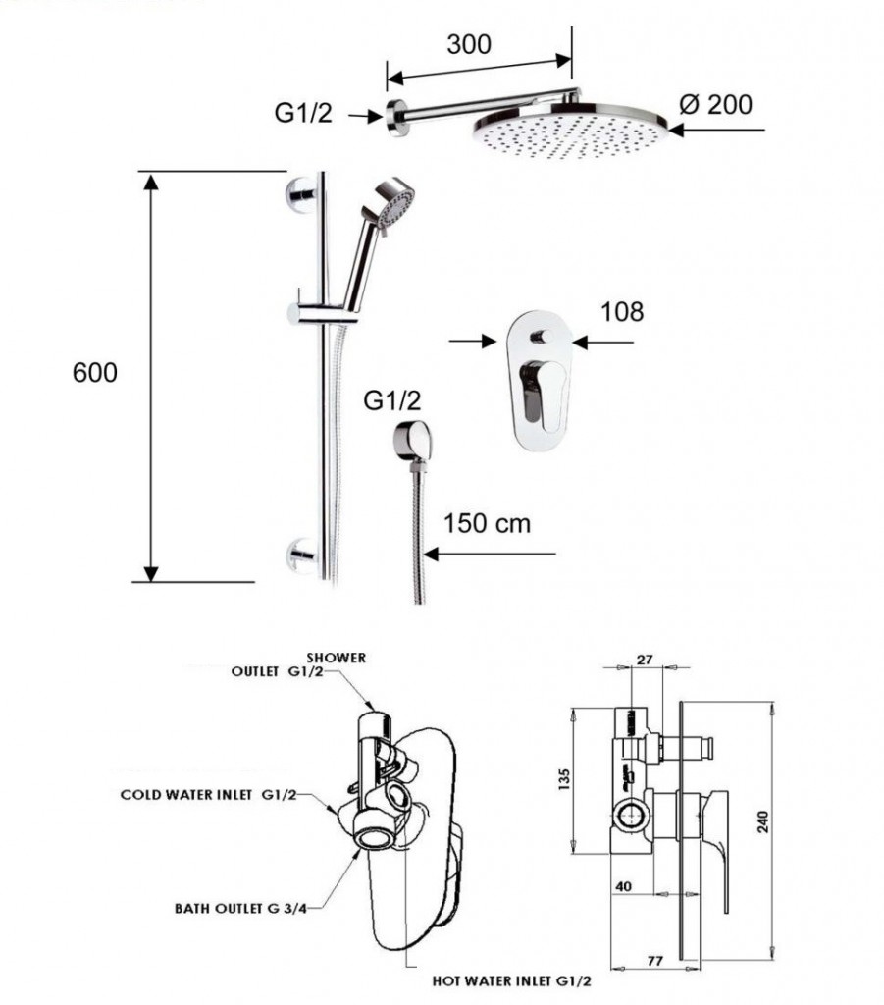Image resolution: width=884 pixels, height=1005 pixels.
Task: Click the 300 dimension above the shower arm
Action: tap(468, 44)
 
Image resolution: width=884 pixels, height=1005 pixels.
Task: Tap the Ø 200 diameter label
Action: tap(715, 104)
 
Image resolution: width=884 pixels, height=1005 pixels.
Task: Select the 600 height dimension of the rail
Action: tap(95, 373)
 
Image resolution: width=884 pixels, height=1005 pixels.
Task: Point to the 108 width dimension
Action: tap(622, 312)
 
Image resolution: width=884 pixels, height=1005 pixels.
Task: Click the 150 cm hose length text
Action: tap(487, 523)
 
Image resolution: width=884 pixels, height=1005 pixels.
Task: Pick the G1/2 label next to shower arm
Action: tap(303, 114)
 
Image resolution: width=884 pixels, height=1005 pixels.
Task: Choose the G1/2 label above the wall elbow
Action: tap(392, 400)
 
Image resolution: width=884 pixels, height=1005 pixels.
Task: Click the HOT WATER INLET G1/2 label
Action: tap(512, 979)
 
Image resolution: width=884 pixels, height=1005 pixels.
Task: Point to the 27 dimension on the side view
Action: tap(645, 661)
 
